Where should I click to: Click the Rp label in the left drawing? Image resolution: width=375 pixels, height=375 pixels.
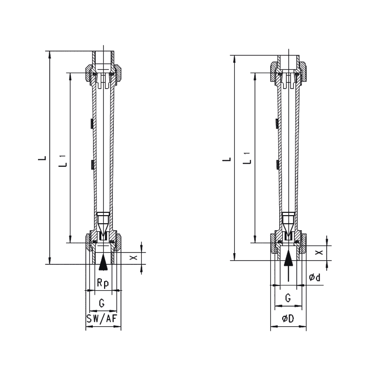pos(103,283)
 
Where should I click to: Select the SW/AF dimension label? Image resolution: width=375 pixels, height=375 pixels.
pos(102,319)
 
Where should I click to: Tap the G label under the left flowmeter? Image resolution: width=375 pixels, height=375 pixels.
pos(102,303)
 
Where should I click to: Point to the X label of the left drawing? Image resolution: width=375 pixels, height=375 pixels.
pos(133,257)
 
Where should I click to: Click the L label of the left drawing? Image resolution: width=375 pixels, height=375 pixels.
pos(42,158)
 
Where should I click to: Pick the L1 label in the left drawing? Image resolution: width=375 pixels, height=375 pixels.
pos(63,161)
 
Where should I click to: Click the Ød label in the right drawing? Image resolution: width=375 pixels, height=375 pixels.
pos(315,277)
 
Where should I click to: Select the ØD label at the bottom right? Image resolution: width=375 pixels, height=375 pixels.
pos(288,319)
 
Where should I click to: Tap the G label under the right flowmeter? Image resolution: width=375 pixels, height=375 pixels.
pos(288,298)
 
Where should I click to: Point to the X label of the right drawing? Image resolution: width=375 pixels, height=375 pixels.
pos(319,252)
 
